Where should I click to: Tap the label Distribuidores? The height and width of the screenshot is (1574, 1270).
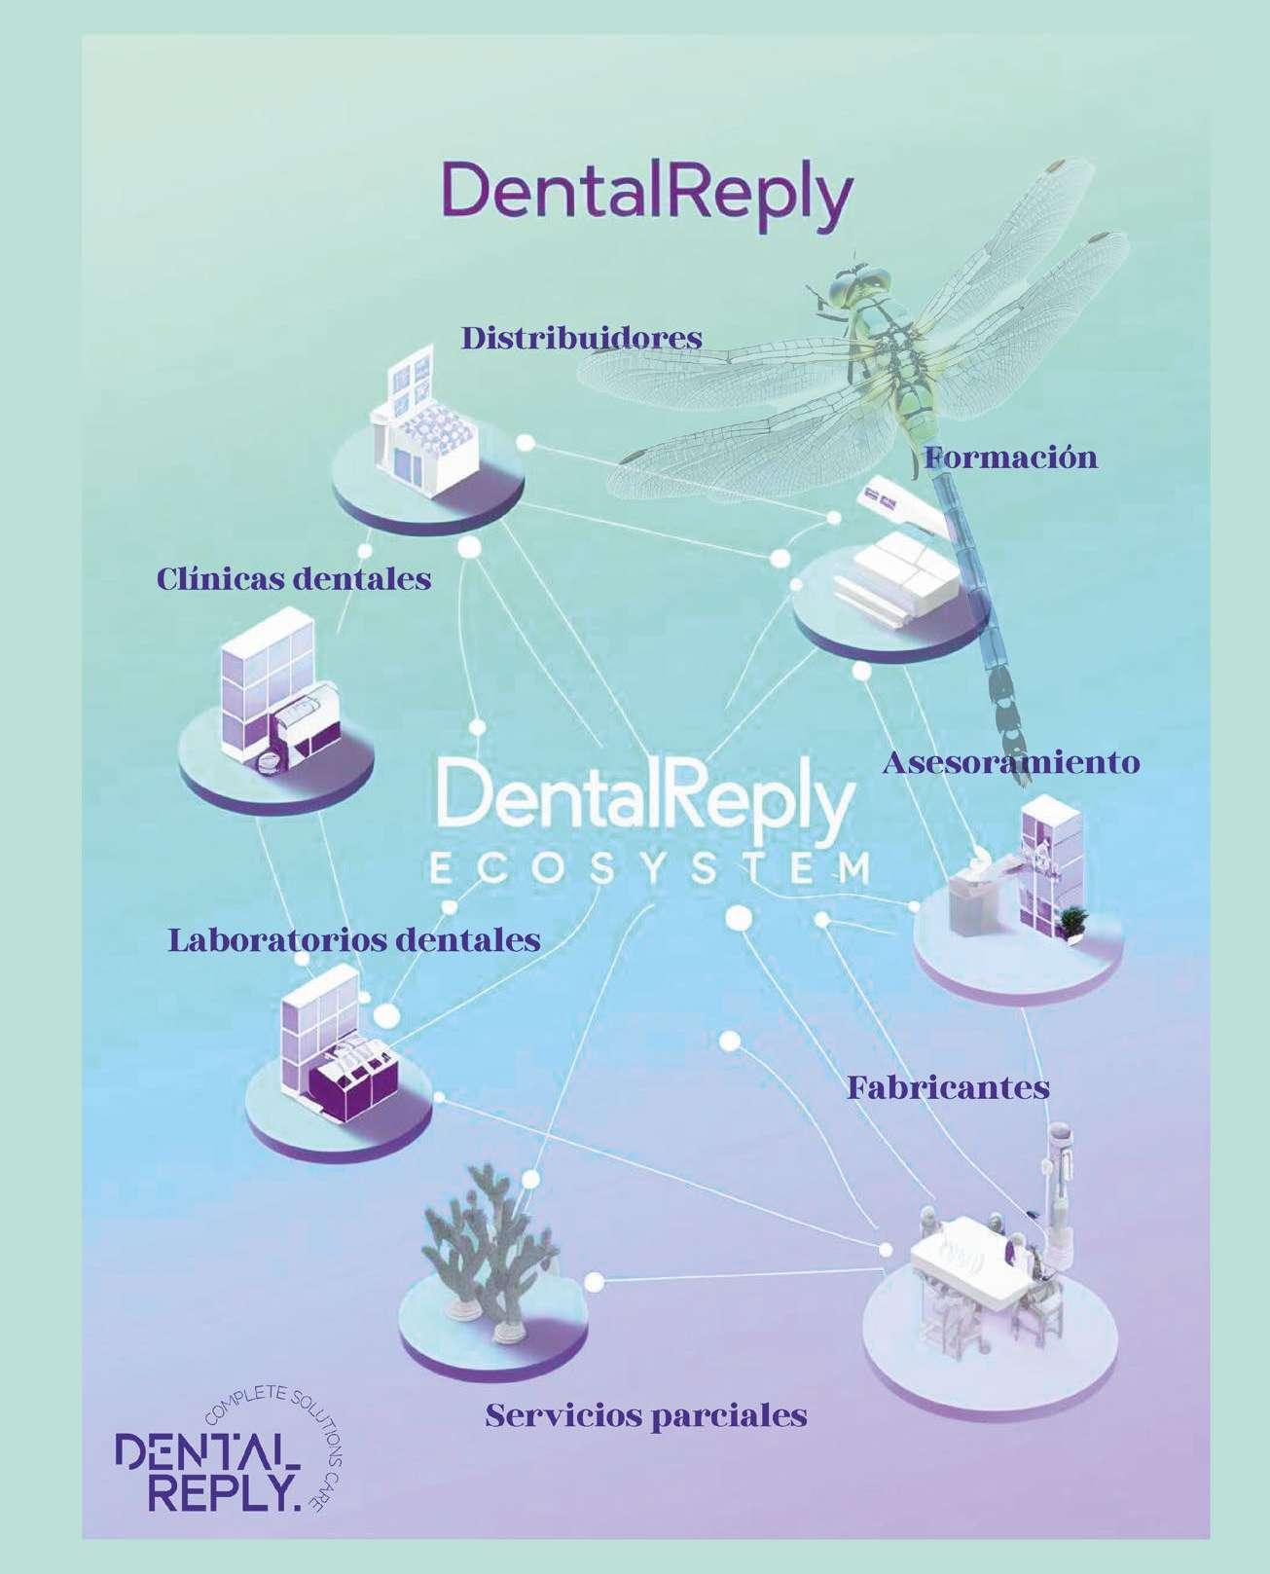[581, 338]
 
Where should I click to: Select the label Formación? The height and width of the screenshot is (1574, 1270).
[1011, 457]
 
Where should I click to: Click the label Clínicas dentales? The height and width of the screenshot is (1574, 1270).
[294, 579]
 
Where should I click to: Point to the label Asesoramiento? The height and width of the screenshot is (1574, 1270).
[1011, 761]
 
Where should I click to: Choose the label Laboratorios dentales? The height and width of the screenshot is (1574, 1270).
[354, 940]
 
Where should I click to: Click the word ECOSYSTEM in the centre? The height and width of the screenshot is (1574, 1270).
[649, 867]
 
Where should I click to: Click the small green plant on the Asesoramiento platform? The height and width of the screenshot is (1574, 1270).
[1073, 920]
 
